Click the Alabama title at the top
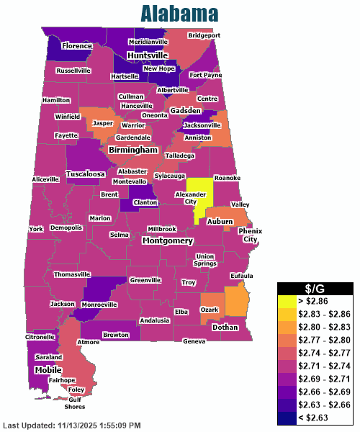(x=179, y=13)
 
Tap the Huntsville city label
(x=148, y=55)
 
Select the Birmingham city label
(x=132, y=150)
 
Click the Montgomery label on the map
(x=168, y=240)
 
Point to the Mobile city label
(x=48, y=369)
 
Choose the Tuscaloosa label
(x=86, y=174)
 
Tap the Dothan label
(x=225, y=327)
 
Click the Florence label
(x=77, y=46)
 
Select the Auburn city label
(x=220, y=222)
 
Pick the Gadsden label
(x=186, y=110)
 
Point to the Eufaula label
(x=242, y=276)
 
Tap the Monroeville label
(x=98, y=305)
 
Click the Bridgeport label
(x=204, y=35)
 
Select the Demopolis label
(x=66, y=228)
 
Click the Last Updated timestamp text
(x=72, y=426)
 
